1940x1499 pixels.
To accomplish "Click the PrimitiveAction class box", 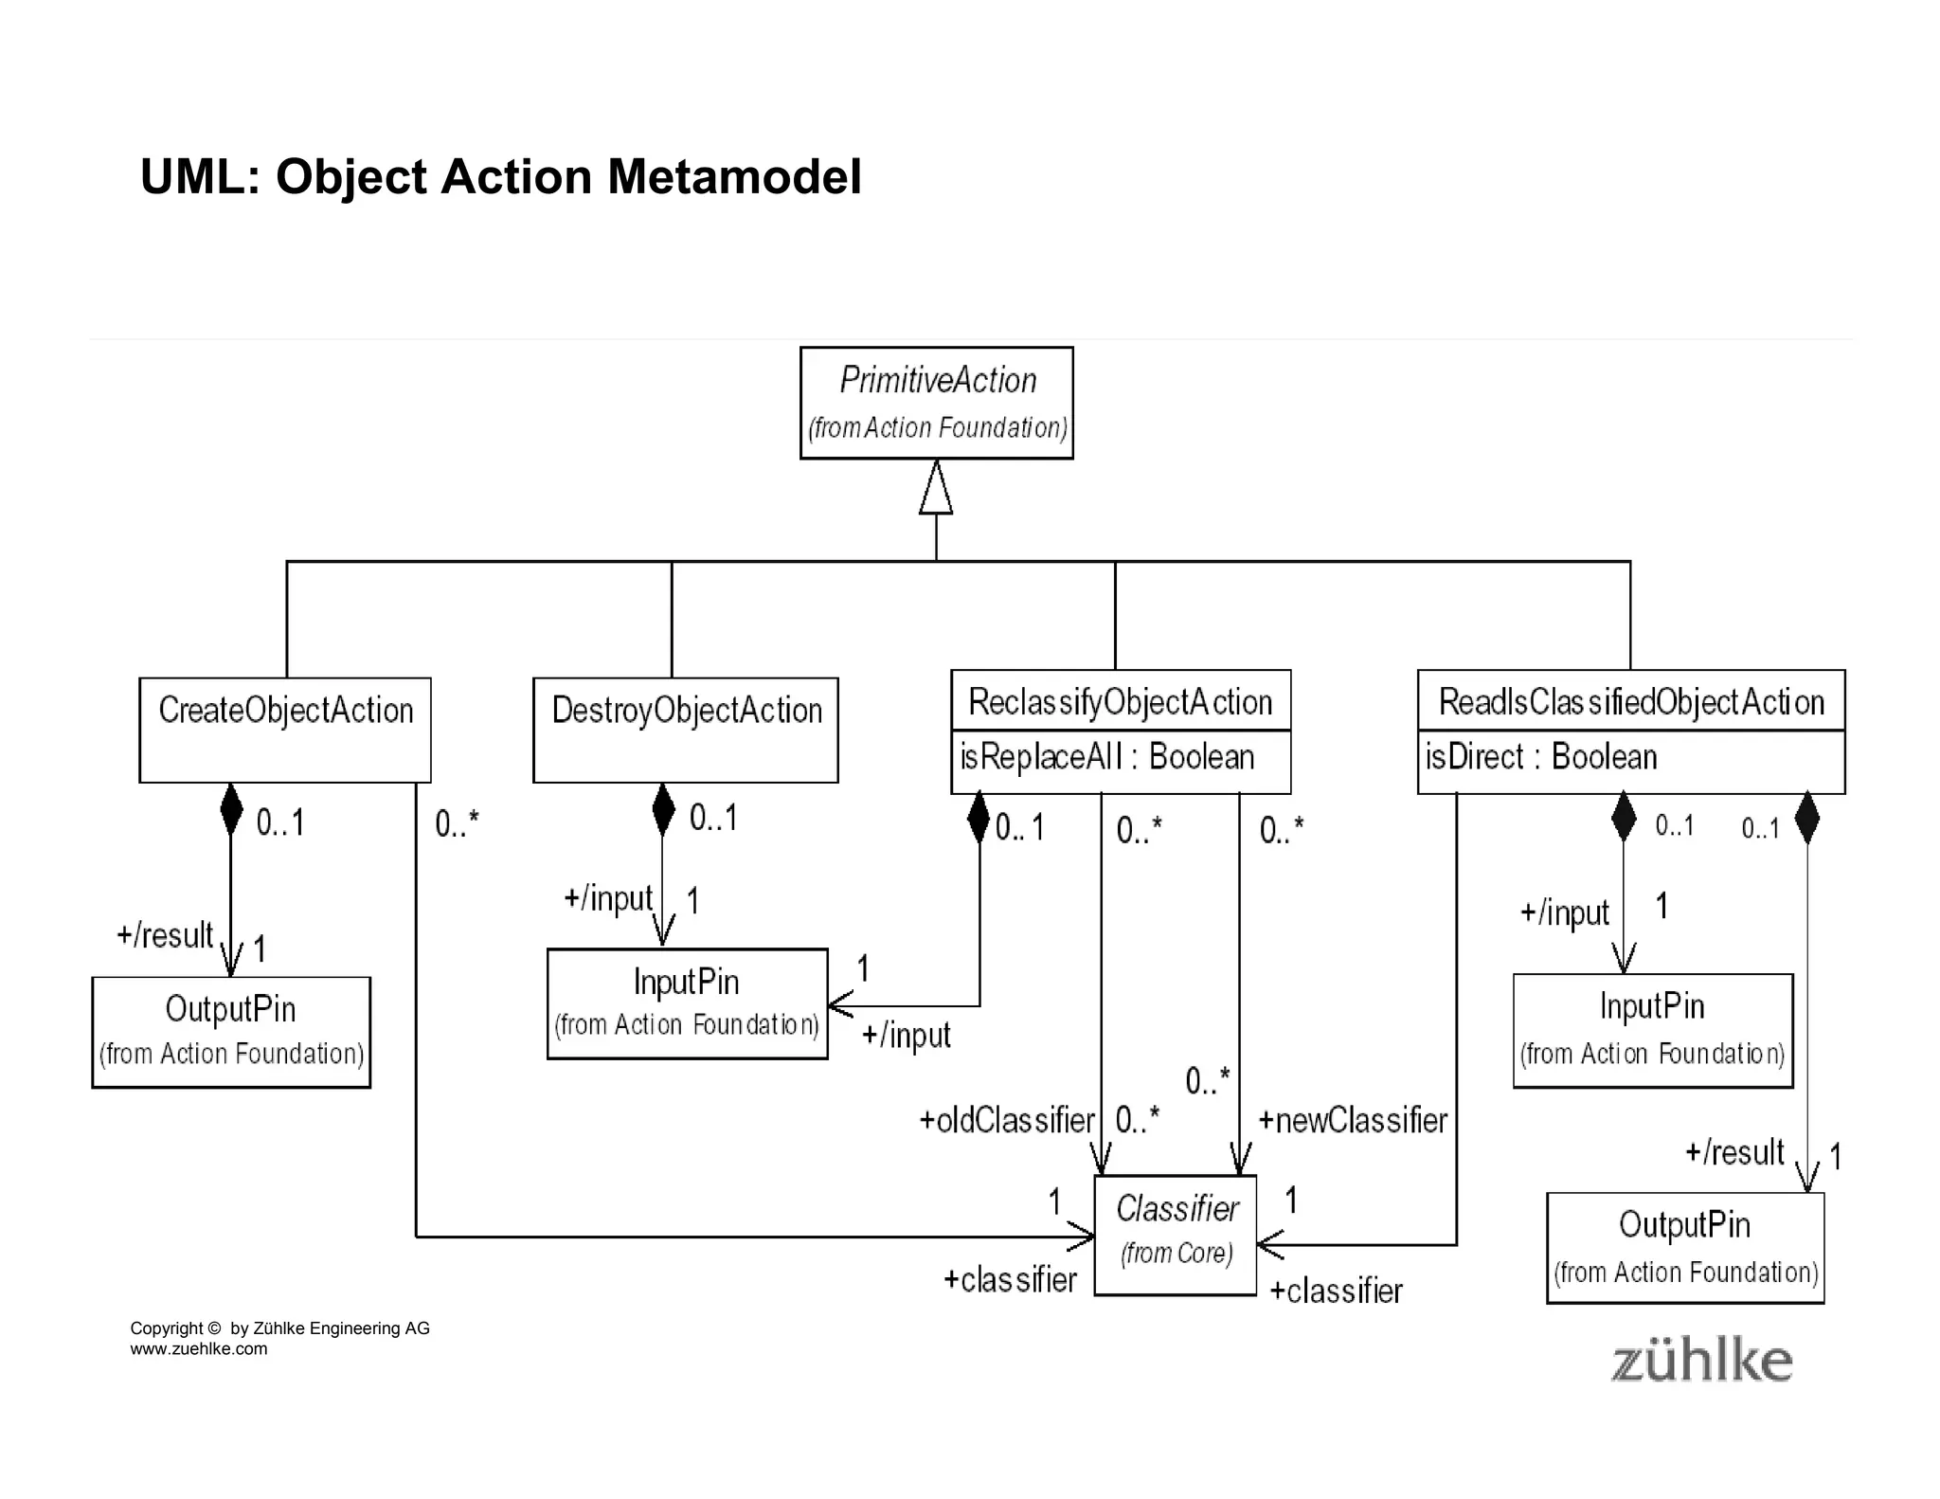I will [936, 403].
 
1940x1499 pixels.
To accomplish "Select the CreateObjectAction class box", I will [285, 729].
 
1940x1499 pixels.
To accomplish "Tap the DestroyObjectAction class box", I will [685, 729].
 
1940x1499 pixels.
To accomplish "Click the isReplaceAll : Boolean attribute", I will [1106, 758].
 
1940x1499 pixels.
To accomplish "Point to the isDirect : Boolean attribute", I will [1541, 758].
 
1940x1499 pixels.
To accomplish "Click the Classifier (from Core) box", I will [1175, 1235].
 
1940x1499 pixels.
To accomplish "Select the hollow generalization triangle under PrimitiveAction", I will [936, 489].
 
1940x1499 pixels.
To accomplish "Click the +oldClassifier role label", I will [1006, 1121].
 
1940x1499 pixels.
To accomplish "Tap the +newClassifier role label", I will [1353, 1121].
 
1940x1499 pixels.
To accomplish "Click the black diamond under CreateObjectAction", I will [230, 809].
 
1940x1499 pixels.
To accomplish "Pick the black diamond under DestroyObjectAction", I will [663, 809].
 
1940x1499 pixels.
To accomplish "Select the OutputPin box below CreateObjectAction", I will [230, 1032].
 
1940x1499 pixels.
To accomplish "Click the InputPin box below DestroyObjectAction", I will [687, 1003].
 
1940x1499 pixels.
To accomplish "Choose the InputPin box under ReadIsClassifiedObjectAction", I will [1652, 1030].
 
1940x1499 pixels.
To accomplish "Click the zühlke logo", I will [1701, 1362].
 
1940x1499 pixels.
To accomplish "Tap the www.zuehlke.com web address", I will [198, 1349].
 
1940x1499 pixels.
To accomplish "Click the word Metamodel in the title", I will [734, 177].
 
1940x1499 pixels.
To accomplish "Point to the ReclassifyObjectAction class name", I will [1120, 702].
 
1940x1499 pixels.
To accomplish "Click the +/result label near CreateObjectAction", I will [165, 936].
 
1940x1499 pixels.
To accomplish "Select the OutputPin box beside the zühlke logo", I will [1684, 1247].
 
